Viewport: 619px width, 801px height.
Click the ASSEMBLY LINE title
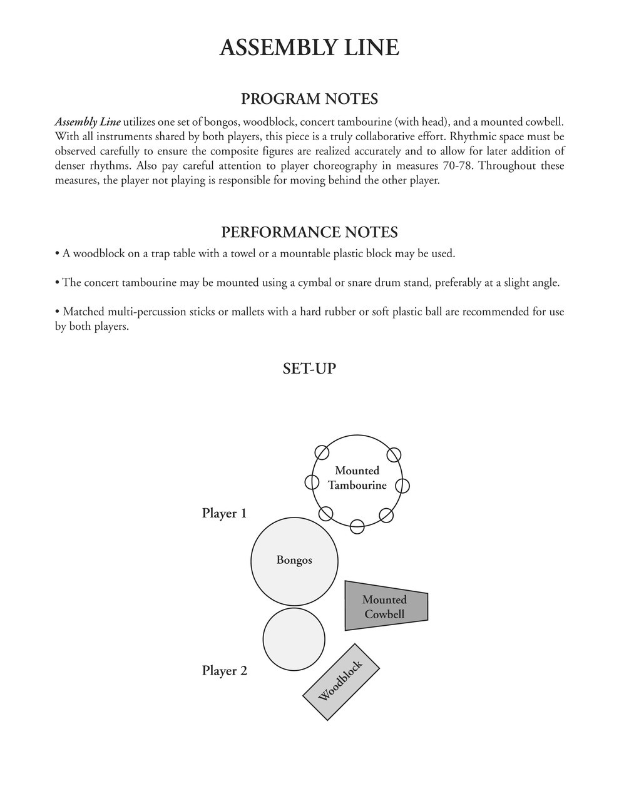click(309, 48)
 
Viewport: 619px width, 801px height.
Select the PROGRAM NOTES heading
click(309, 99)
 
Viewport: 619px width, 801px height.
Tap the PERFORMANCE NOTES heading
click(309, 232)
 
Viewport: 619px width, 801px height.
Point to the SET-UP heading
click(309, 368)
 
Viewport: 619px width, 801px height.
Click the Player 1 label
click(224, 513)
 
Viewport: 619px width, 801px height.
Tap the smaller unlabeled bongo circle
click(294, 639)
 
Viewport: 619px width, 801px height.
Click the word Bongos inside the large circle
click(294, 560)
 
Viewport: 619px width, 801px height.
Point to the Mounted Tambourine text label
click(357, 477)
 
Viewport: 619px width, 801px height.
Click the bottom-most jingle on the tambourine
click(357, 526)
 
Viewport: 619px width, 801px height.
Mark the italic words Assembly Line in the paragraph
click(88, 122)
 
